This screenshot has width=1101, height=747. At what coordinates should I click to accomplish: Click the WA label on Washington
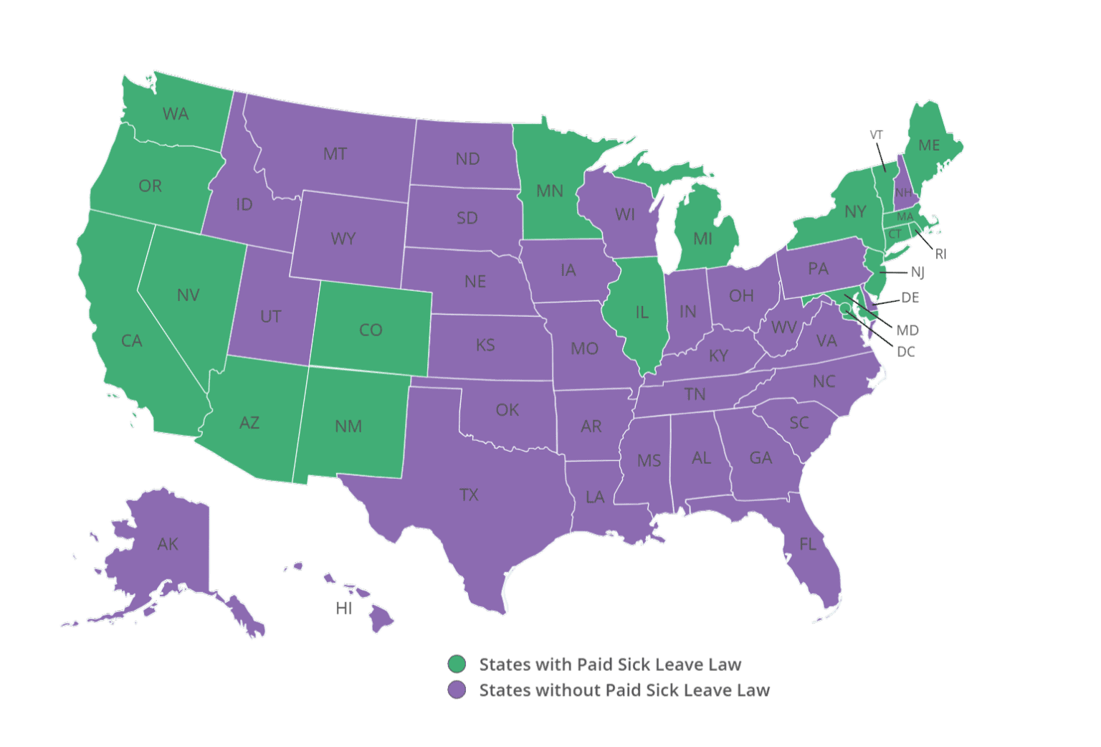176,114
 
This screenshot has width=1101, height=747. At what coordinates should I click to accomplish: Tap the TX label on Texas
469,495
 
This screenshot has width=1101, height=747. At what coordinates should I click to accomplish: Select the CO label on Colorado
371,330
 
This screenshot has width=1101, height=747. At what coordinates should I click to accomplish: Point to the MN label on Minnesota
550,191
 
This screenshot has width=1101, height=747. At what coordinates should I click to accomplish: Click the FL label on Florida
808,544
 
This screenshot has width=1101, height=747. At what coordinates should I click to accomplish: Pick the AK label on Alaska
168,544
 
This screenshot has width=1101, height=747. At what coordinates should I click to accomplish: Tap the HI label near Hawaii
344,609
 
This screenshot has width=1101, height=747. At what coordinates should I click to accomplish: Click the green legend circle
457,664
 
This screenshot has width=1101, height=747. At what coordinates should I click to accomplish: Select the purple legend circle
457,690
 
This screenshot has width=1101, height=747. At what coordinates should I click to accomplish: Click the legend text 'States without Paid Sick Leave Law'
624,690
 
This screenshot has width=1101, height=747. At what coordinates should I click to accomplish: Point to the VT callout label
876,135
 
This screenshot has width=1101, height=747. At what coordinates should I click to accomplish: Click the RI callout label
940,254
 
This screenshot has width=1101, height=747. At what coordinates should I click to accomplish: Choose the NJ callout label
917,272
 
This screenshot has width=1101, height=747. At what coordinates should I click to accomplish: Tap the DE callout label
910,298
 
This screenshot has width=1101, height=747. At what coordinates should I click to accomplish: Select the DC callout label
906,352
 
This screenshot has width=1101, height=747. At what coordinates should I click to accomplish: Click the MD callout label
907,330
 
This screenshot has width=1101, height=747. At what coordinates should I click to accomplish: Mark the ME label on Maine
929,146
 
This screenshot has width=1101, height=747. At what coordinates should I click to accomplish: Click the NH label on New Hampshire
903,192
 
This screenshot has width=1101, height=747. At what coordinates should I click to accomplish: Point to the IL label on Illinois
642,313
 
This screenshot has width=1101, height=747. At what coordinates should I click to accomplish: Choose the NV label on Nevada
188,295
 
